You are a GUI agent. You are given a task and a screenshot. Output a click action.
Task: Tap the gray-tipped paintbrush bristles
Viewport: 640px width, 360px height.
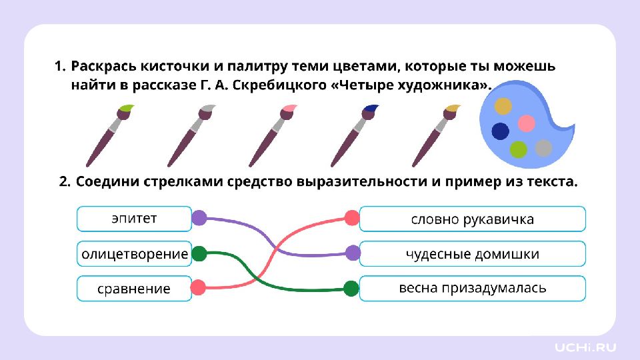pyautogui.click(x=207, y=107)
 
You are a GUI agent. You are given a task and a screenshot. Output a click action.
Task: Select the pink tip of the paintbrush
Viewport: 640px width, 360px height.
pyautogui.click(x=289, y=108)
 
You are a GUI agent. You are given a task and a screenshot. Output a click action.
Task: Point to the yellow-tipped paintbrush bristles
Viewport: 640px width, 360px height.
pyautogui.click(x=453, y=107)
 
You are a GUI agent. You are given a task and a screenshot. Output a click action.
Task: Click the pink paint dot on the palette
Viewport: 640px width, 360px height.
pyautogui.click(x=527, y=123)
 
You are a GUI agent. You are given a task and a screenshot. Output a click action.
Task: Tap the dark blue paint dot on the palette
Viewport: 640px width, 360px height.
pyautogui.click(x=500, y=131)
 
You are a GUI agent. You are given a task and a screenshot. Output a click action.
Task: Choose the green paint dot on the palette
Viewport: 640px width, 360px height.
pyautogui.click(x=518, y=149)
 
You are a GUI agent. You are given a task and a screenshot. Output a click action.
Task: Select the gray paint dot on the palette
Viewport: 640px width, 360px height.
pyautogui.click(x=544, y=147)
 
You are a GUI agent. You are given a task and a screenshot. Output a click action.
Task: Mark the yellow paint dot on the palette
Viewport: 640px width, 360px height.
pyautogui.click(x=503, y=106)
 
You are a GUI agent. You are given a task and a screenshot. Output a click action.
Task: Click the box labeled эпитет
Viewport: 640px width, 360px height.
pyautogui.click(x=134, y=218)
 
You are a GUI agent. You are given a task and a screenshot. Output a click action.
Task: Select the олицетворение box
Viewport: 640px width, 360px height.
pyautogui.click(x=134, y=253)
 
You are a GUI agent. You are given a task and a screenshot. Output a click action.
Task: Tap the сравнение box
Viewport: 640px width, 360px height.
pyautogui.click(x=134, y=289)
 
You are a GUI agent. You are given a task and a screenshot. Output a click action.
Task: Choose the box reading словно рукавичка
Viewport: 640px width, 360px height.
pyautogui.click(x=472, y=219)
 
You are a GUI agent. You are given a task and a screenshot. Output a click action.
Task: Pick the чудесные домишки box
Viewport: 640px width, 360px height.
pyautogui.click(x=472, y=254)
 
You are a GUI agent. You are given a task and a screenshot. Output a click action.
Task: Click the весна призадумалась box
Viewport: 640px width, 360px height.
pyautogui.click(x=472, y=289)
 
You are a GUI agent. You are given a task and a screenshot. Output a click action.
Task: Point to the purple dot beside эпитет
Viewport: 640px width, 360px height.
pyautogui.click(x=199, y=217)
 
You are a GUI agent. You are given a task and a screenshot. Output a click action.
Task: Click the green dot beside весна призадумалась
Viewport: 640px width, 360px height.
pyautogui.click(x=351, y=289)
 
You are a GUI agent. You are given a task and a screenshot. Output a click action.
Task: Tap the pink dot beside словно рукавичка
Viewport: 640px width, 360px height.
pyautogui.click(x=351, y=217)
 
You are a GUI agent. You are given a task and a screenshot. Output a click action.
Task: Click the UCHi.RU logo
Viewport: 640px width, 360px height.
pyautogui.click(x=586, y=347)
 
